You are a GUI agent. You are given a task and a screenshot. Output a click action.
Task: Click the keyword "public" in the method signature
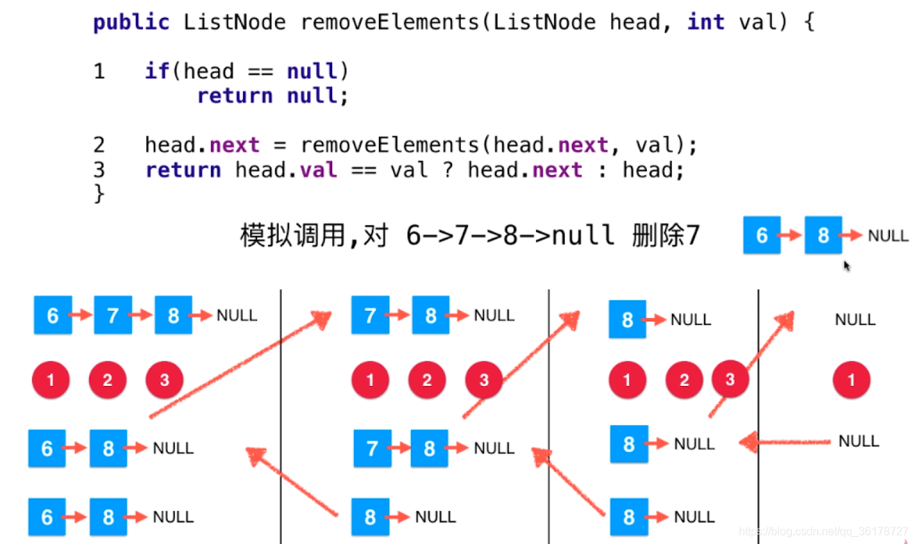(x=131, y=22)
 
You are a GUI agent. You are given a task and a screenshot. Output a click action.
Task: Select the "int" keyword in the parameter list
(x=706, y=22)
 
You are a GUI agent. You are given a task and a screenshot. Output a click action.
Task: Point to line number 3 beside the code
(x=99, y=170)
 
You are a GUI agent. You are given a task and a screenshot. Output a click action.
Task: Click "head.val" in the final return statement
(x=286, y=170)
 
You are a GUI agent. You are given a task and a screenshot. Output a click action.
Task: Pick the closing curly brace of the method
(x=98, y=193)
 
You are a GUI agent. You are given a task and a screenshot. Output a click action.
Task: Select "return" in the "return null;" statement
(x=234, y=95)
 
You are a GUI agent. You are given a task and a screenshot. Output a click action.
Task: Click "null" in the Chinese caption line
(x=583, y=236)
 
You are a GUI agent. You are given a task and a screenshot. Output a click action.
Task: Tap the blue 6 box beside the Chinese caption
(x=761, y=235)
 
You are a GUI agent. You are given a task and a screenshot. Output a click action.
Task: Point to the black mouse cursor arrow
(x=847, y=266)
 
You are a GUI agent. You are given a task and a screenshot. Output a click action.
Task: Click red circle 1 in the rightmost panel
(x=851, y=380)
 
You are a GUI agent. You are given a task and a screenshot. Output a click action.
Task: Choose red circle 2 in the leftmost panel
(x=107, y=380)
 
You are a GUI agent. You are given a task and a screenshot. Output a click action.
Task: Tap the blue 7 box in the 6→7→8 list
(x=113, y=315)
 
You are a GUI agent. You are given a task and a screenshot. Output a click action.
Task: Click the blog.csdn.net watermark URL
(x=822, y=532)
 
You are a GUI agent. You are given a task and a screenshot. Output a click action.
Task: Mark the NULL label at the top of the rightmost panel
(x=855, y=320)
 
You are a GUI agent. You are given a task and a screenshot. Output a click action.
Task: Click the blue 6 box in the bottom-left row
(x=47, y=517)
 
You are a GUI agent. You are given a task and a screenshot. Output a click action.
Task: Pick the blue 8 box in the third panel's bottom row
(x=628, y=517)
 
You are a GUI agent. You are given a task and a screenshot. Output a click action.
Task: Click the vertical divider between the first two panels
(x=281, y=417)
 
